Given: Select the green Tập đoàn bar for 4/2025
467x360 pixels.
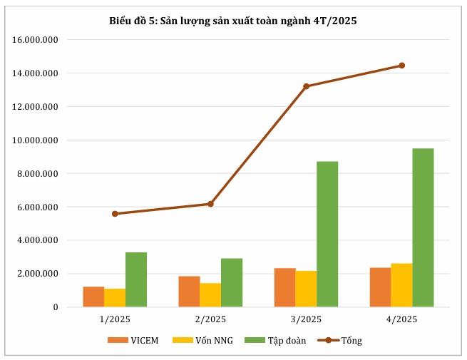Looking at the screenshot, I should [423, 227].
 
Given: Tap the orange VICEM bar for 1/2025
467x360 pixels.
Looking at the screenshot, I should [93, 297].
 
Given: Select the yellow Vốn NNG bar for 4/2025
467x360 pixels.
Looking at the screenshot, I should [401, 285].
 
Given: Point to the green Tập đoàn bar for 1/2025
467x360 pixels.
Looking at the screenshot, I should [136, 279].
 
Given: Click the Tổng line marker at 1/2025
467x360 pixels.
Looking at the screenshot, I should [115, 213].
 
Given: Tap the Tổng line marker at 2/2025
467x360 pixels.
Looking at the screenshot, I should [210, 204].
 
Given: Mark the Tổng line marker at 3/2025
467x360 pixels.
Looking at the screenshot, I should [306, 86].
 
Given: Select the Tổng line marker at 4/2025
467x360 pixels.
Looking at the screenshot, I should [401, 66].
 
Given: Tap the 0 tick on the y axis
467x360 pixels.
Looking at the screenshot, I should [56, 307].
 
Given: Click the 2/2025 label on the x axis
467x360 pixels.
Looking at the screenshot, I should [210, 319].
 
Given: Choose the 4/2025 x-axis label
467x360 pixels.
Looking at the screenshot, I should [401, 319].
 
